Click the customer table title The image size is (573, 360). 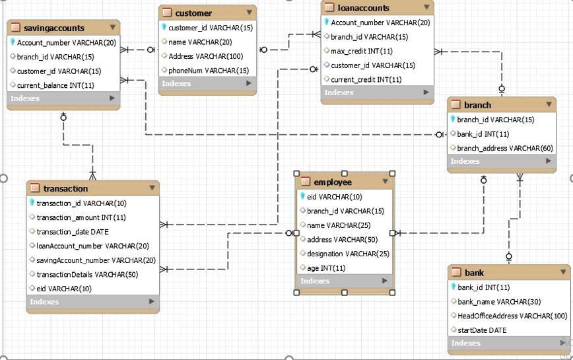point(193,13)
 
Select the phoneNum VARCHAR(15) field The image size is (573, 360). point(209,71)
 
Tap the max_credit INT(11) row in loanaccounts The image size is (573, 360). point(361,52)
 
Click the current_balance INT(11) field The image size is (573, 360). point(55,85)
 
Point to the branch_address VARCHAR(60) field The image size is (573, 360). point(505,149)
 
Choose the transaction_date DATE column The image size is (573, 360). point(73,232)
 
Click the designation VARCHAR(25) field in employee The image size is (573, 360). point(348,254)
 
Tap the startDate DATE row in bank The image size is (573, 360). point(482,330)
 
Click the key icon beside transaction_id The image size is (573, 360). point(32,203)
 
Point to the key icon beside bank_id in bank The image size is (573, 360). point(453,287)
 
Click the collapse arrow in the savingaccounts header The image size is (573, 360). point(113,28)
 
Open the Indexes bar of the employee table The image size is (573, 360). point(343,281)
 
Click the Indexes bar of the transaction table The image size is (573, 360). point(92,302)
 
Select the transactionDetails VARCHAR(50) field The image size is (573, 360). point(87,274)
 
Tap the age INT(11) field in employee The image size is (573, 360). point(326,268)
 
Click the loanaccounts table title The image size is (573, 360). point(363,9)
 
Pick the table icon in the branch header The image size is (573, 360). point(455,105)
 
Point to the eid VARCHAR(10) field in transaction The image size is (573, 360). point(64,289)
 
